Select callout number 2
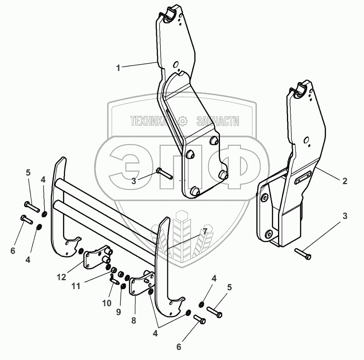click(x=345, y=181)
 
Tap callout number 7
click(x=205, y=231)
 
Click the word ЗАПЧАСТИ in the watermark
click(x=218, y=122)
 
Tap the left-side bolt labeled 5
click(x=32, y=206)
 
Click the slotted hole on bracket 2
click(x=304, y=179)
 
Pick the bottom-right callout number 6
click(x=179, y=347)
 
